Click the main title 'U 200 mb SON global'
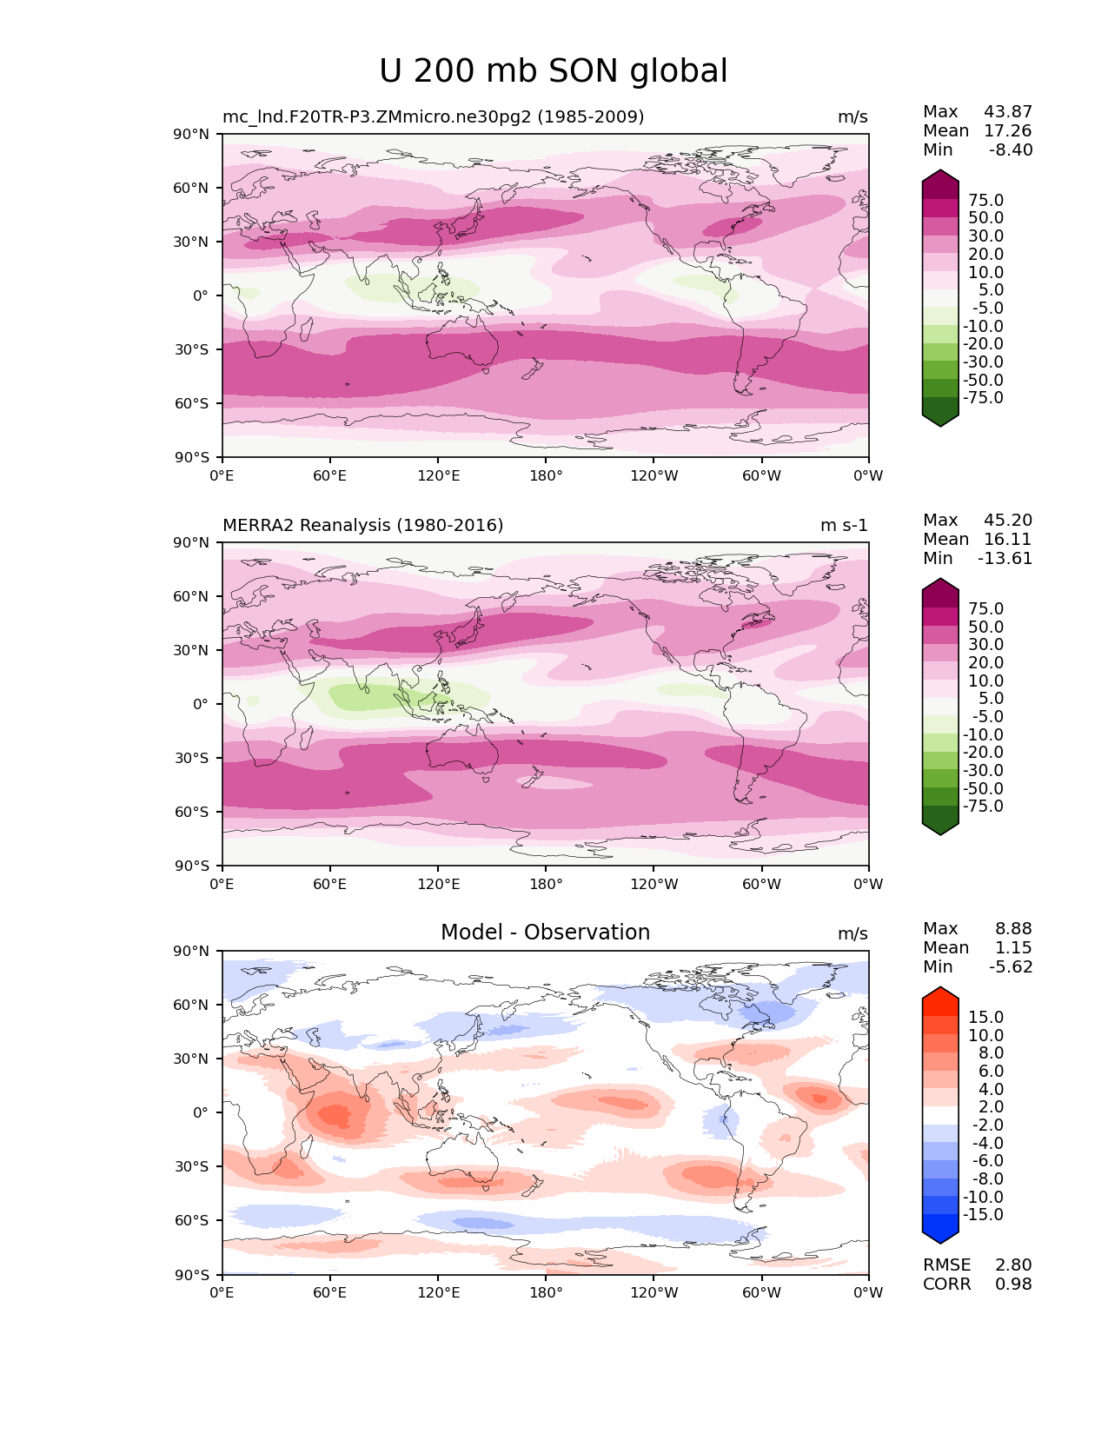[553, 71]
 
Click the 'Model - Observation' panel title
[545, 933]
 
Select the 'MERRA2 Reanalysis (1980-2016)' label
[362, 525]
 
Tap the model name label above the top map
[433, 116]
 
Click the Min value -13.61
[1005, 558]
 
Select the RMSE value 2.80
[1013, 1265]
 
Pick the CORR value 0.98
[1013, 1284]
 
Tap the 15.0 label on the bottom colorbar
[985, 1017]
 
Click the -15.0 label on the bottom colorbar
[983, 1214]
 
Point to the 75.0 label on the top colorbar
[985, 200]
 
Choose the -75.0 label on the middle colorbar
[983, 806]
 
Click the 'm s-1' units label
[844, 525]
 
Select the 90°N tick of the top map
[192, 134]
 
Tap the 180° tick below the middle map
[546, 884]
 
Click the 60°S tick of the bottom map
[192, 1220]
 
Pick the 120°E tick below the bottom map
[438, 1292]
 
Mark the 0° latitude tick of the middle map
[200, 704]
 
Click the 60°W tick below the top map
[761, 475]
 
